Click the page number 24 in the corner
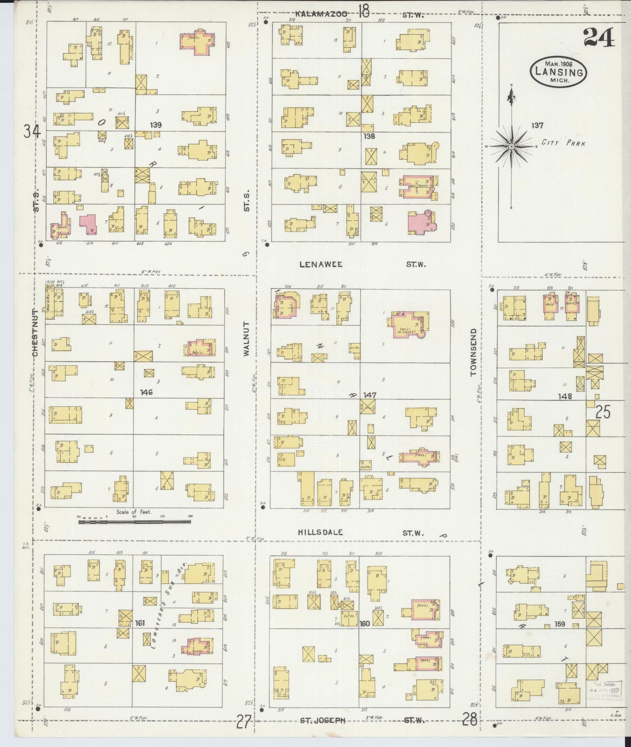pos(599,38)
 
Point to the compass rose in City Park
pos(511,146)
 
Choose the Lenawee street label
pos(321,264)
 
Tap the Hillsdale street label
pos(320,532)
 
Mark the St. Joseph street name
pos(322,720)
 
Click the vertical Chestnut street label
pos(35,332)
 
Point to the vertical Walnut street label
pos(246,339)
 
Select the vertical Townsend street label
pos(473,352)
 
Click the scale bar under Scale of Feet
pos(135,521)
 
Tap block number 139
pos(155,125)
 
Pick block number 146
pos(146,392)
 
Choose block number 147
pos(369,395)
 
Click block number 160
pos(365,623)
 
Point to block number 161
pos(140,622)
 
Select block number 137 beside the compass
pos(537,125)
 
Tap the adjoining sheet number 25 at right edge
pos(603,412)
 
